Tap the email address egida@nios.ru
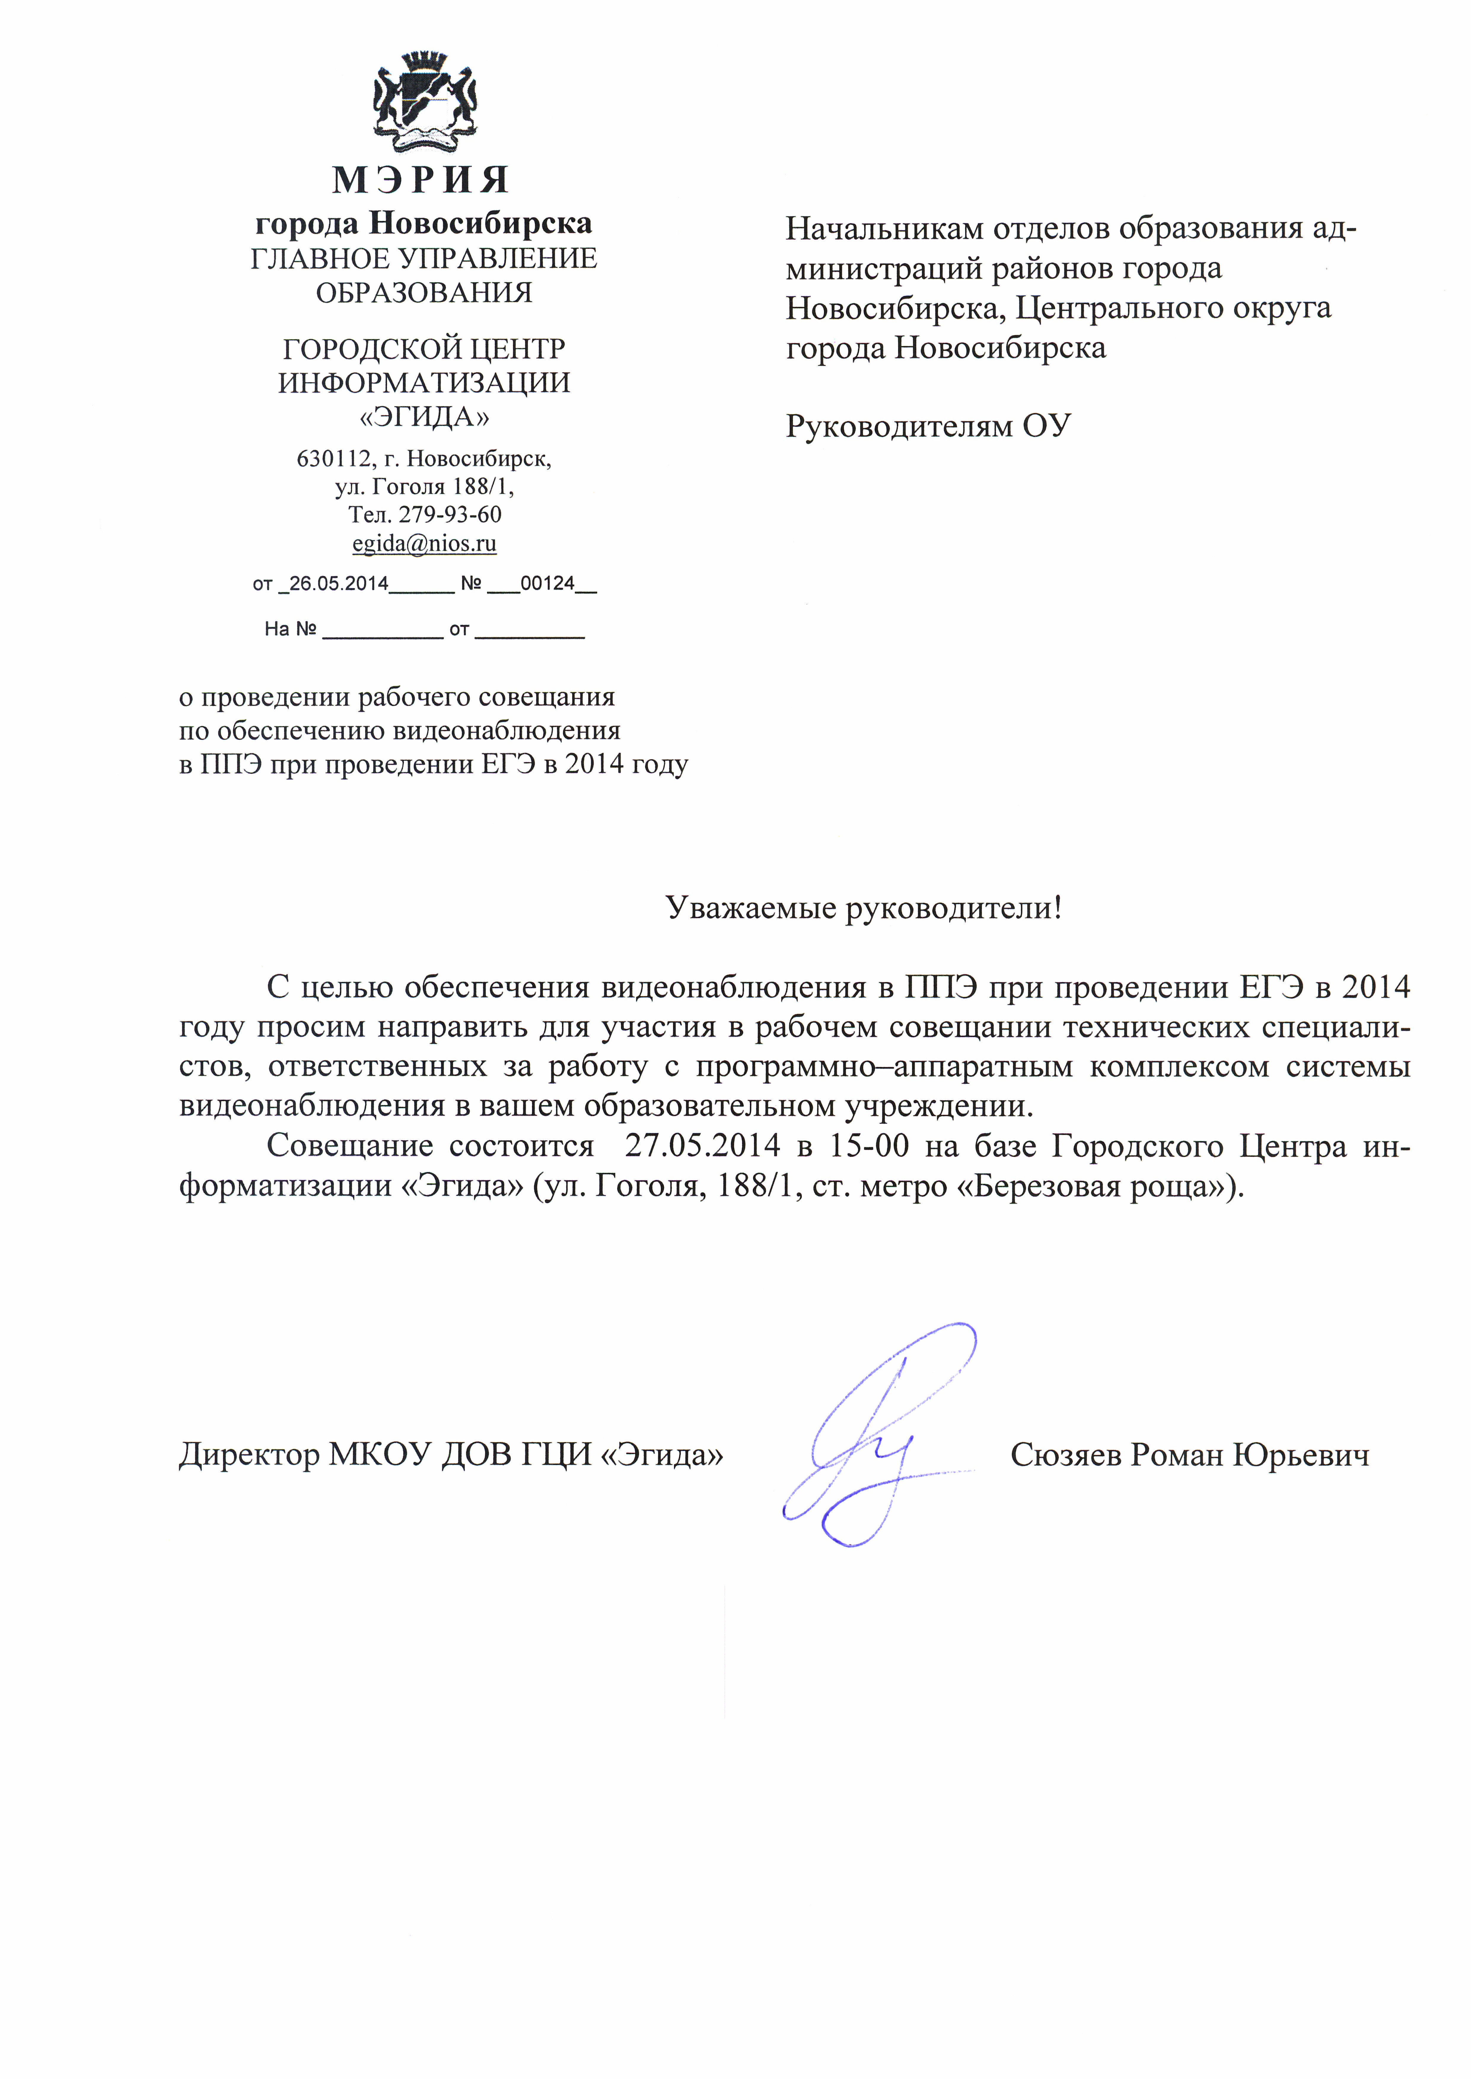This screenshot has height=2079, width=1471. click(424, 543)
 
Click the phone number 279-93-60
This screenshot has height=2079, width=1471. click(450, 514)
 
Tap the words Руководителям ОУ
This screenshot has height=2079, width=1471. click(927, 426)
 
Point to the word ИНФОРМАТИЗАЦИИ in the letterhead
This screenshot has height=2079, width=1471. click(424, 383)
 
